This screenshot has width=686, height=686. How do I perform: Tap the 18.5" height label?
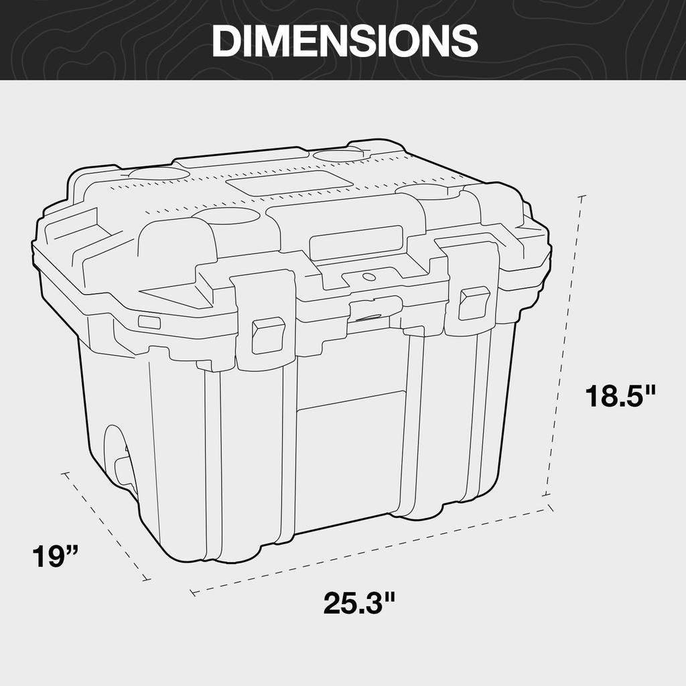(x=620, y=395)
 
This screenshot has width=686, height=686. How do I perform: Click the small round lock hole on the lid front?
(x=367, y=276)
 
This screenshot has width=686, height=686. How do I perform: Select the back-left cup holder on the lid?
(x=159, y=174)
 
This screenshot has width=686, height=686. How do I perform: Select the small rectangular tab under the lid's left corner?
(x=149, y=322)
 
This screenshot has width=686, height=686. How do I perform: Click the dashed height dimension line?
(x=565, y=348)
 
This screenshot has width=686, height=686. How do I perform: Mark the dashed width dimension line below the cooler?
(x=372, y=551)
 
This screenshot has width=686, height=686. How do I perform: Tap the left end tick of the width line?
(x=193, y=592)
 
